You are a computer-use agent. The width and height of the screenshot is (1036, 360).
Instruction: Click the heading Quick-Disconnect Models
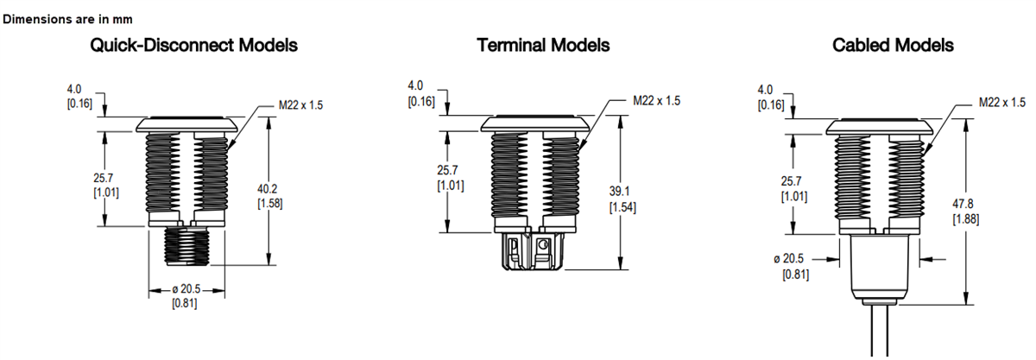tap(194, 45)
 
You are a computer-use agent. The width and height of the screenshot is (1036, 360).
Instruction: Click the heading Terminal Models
tap(543, 45)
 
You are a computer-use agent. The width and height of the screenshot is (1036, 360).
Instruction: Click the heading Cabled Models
tap(893, 45)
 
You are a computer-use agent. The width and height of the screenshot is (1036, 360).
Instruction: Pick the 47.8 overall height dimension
tap(965, 211)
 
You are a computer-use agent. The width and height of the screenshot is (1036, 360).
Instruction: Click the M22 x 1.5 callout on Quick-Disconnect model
tap(300, 104)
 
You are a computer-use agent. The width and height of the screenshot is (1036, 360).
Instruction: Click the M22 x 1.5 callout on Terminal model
tap(656, 100)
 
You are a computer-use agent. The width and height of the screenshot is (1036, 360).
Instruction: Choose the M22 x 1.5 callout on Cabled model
tap(1002, 102)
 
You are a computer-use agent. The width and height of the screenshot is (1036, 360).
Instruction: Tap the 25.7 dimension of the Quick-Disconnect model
tap(105, 184)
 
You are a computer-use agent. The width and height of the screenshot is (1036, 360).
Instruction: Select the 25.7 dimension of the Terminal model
tap(450, 178)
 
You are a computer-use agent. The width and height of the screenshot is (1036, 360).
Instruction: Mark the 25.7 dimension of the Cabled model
tap(792, 188)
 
